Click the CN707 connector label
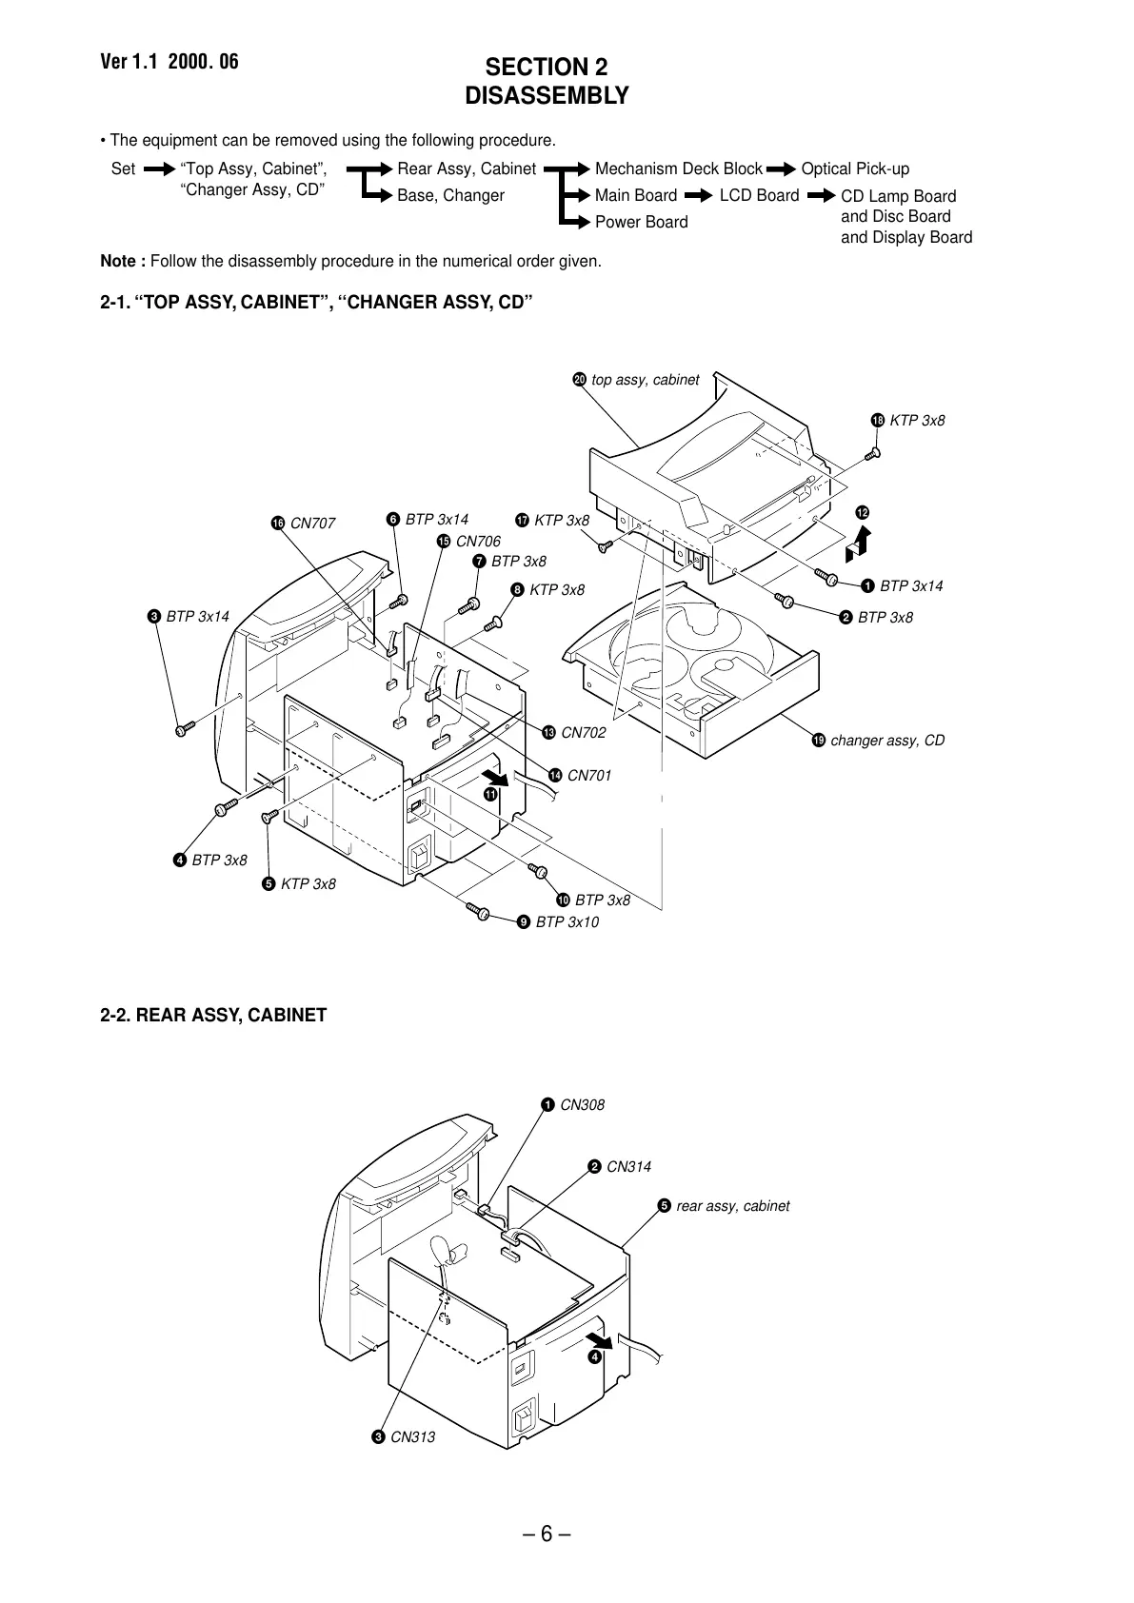point(312,524)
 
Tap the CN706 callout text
point(478,542)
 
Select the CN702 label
point(583,733)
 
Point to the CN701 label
point(588,776)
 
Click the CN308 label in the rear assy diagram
point(582,1105)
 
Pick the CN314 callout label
point(628,1167)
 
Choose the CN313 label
point(412,1437)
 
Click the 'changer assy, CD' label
point(887,741)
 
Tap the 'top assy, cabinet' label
point(645,380)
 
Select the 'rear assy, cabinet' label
point(732,1206)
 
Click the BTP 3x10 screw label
point(567,922)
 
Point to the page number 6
point(546,1534)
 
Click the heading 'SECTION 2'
point(547,68)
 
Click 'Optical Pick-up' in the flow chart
point(855,169)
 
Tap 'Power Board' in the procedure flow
point(641,223)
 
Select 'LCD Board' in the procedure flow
point(759,196)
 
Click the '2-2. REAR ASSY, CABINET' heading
point(213,1016)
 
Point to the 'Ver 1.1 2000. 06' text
point(169,63)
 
